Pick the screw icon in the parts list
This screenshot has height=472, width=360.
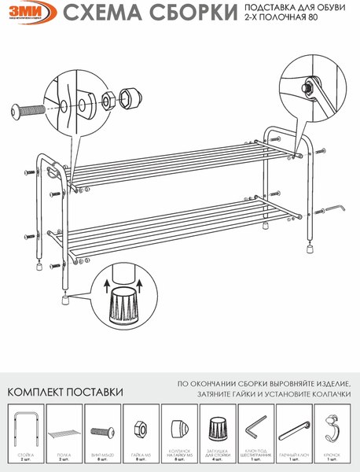pyautogui.click(x=102, y=432)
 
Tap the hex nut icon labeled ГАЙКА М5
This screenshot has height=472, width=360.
pyautogui.click(x=141, y=432)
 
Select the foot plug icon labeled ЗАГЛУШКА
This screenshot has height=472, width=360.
pyautogui.click(x=218, y=432)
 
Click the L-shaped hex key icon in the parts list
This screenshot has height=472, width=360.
pyautogui.click(x=255, y=431)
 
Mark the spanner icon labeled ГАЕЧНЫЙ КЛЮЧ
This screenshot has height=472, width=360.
pyautogui.click(x=294, y=430)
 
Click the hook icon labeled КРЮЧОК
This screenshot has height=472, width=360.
pyautogui.click(x=332, y=431)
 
